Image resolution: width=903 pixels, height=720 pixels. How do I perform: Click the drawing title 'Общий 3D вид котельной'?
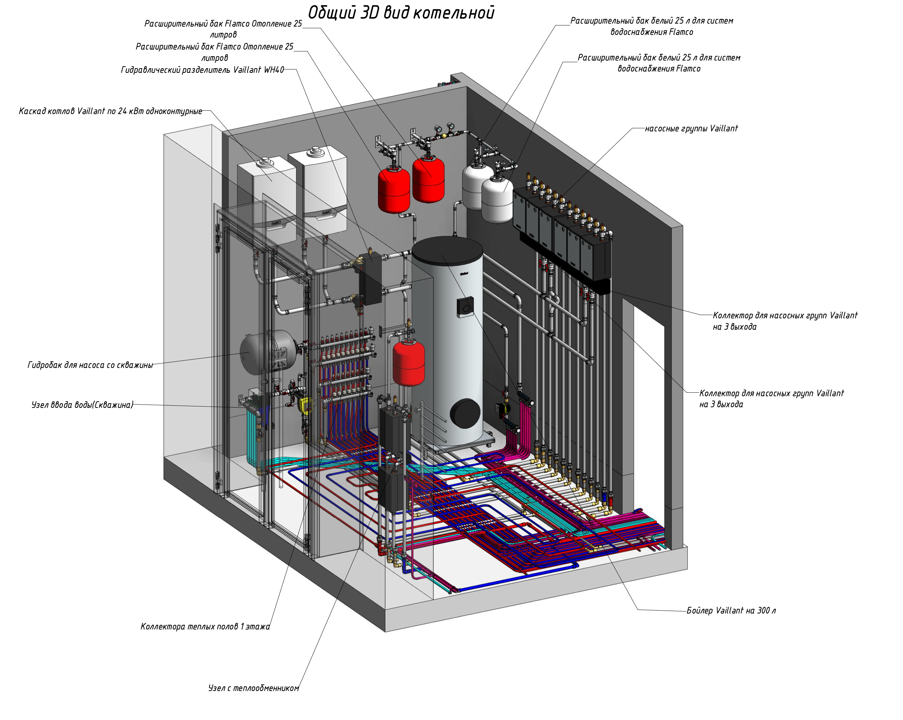pos(401,13)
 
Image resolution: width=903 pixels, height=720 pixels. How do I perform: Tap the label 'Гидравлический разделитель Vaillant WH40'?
pos(202,70)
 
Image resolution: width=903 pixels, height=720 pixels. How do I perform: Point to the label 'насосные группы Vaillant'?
pos(691,128)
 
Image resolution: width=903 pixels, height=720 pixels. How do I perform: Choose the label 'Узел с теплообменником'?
pos(253,688)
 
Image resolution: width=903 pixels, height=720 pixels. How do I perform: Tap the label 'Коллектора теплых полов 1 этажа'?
pos(205,627)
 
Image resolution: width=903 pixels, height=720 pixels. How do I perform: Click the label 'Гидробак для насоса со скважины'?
pos(90,365)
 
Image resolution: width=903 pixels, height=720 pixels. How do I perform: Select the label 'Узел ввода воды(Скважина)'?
pos(82,405)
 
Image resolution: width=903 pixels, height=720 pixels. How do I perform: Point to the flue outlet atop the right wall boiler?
pos(315,151)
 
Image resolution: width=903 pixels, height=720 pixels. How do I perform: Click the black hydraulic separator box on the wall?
pos(371,280)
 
